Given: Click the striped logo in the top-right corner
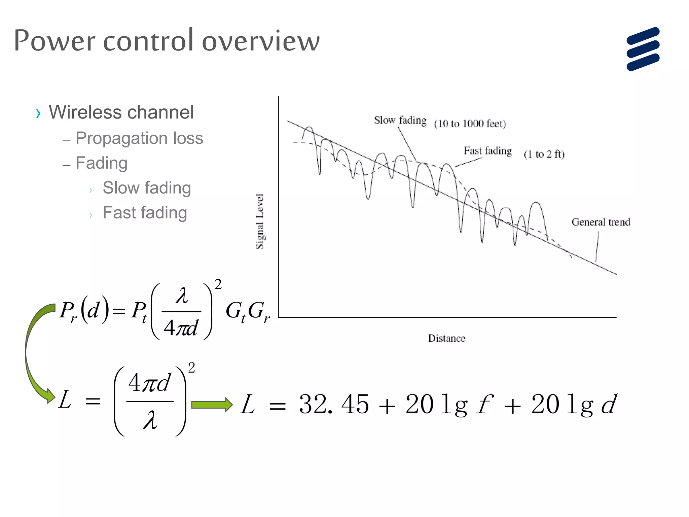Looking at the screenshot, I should coord(643,49).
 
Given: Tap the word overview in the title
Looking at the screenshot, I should coord(261,41).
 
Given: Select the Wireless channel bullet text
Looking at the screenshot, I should coord(121,112).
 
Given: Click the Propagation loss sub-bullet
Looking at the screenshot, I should coord(139,138).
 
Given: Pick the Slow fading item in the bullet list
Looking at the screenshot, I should coord(147,188).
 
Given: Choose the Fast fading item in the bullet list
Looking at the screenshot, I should coord(145,213).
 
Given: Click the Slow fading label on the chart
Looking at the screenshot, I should coord(400,120).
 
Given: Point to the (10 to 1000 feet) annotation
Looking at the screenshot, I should coord(470,124).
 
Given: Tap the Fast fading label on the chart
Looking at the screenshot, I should coord(487,151).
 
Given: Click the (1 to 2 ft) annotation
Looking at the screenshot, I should coord(544,154).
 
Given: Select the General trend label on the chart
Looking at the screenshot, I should coord(601,222).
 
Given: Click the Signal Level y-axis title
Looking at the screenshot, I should coord(260,221).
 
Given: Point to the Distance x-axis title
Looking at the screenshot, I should coord(446,338).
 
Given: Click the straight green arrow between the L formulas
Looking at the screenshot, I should coord(212,405).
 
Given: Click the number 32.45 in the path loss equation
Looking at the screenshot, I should coord(334,404).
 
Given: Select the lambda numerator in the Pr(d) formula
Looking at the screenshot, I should coord(182,296).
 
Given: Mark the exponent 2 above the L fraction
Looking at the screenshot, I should coord(191,368).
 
